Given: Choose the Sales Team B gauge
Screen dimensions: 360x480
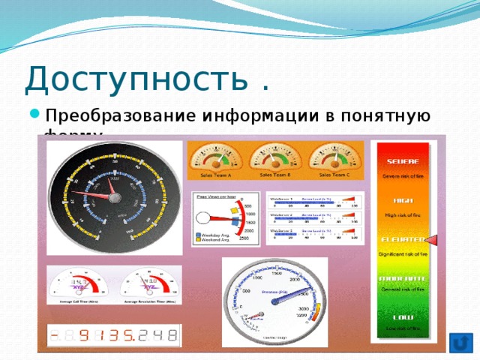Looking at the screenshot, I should [x=274, y=158].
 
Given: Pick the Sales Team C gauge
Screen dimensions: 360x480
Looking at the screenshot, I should [x=335, y=159].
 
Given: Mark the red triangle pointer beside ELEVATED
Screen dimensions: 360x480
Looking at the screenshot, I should [x=434, y=240].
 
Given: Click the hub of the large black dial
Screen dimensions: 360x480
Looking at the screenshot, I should [x=113, y=198].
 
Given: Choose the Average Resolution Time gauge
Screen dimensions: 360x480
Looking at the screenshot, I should [x=151, y=286].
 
